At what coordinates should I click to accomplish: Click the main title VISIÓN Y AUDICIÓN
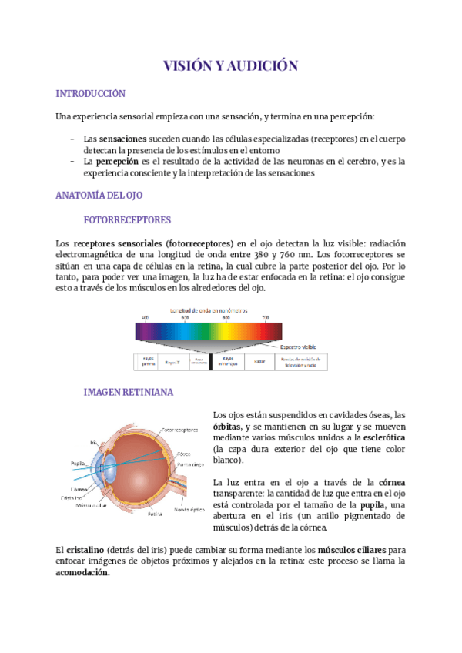pos(230,66)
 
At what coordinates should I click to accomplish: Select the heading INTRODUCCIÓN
pos(90,94)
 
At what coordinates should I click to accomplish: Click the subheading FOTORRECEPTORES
pos(126,219)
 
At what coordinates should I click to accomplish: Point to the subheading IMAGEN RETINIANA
pos(128,392)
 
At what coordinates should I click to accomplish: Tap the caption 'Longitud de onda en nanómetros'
pos(209,309)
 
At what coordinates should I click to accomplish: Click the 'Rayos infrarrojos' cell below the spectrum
pos(227,360)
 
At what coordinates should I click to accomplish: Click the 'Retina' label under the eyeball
pos(155,513)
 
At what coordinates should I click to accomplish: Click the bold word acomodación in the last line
pos(83,573)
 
